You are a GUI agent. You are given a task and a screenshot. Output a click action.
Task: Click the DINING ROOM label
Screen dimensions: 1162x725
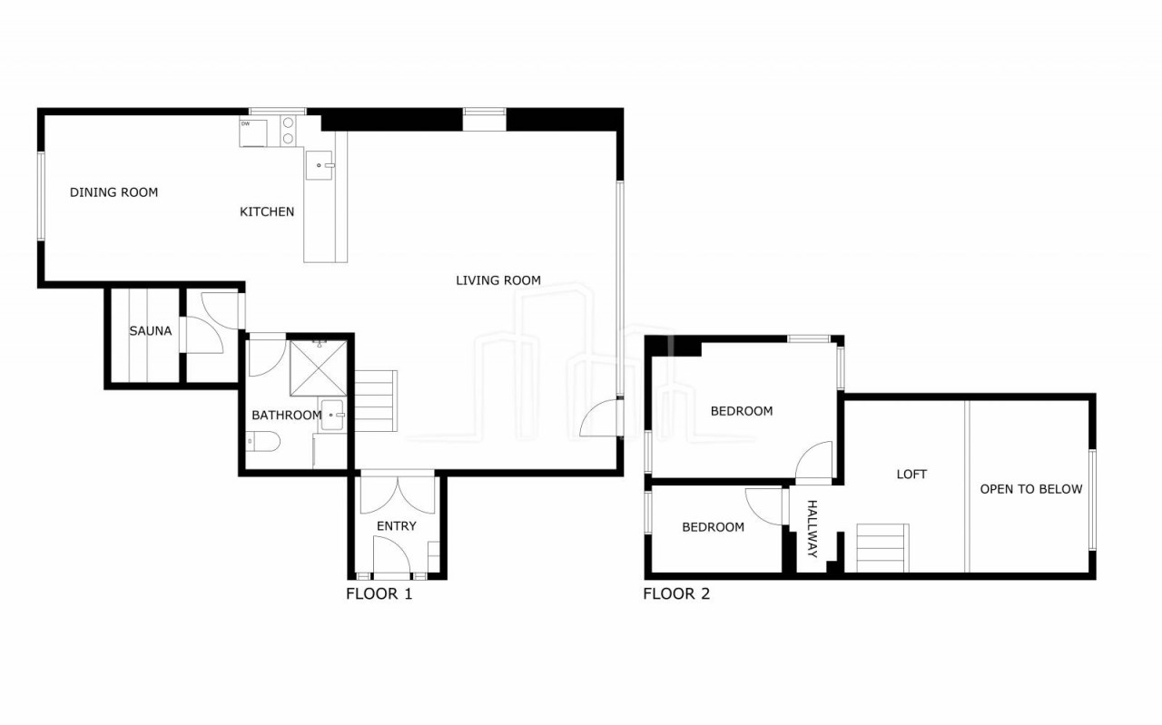pyautogui.click(x=113, y=192)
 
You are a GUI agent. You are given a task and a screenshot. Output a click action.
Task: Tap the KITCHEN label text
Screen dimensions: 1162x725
pyautogui.click(x=267, y=211)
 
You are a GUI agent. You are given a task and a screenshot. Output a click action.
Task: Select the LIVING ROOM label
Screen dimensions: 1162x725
pyautogui.click(x=498, y=280)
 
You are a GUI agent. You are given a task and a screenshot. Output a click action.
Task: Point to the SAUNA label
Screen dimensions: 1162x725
pyautogui.click(x=151, y=331)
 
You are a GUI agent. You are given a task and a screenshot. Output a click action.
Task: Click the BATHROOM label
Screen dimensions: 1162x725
pyautogui.click(x=286, y=415)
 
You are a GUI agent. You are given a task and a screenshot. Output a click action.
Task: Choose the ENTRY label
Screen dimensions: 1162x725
pyautogui.click(x=397, y=526)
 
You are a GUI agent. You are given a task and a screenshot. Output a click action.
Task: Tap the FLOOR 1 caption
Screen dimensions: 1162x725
pyautogui.click(x=379, y=593)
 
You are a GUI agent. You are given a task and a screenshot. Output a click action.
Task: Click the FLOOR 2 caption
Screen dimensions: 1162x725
pyautogui.click(x=676, y=593)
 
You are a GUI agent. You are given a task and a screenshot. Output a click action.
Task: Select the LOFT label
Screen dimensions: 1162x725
pyautogui.click(x=911, y=474)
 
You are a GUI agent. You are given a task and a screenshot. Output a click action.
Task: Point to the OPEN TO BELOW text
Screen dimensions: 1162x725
pyautogui.click(x=1030, y=489)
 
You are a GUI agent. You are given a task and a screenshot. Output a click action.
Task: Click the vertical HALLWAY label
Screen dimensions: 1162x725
pyautogui.click(x=812, y=528)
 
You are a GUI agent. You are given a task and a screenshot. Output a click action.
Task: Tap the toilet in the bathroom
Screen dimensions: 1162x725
pyautogui.click(x=262, y=441)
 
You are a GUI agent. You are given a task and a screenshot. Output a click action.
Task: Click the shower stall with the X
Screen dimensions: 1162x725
pyautogui.click(x=318, y=367)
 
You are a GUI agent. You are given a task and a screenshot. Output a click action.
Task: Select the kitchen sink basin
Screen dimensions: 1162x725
pyautogui.click(x=319, y=165)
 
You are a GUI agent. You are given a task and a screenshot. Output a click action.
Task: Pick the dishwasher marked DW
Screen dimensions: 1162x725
pyautogui.click(x=253, y=133)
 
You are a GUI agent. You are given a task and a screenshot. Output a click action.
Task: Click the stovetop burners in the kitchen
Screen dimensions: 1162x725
pyautogui.click(x=288, y=131)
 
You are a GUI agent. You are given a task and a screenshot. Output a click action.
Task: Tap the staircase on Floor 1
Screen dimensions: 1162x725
pyautogui.click(x=376, y=401)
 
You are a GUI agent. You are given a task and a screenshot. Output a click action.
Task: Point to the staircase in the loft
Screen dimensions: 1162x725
pyautogui.click(x=882, y=548)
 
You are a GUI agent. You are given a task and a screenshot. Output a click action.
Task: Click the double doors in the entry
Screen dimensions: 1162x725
pyautogui.click(x=398, y=495)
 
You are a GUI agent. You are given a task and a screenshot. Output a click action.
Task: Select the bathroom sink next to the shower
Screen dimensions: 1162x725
pyautogui.click(x=332, y=415)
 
